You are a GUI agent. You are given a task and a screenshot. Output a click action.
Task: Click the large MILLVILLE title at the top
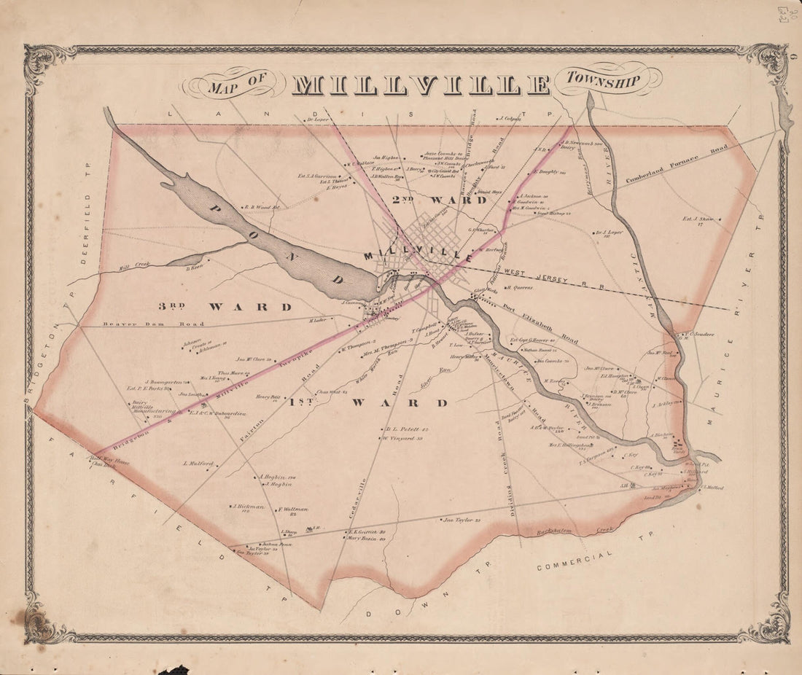coord(421,85)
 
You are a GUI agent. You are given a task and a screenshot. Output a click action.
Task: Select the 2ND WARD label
coord(438,200)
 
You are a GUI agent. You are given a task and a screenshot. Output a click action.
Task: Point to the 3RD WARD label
coord(225,307)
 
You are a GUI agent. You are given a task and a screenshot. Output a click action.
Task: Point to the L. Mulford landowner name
coord(198,463)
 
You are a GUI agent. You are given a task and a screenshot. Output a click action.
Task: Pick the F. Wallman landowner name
coord(293,510)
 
